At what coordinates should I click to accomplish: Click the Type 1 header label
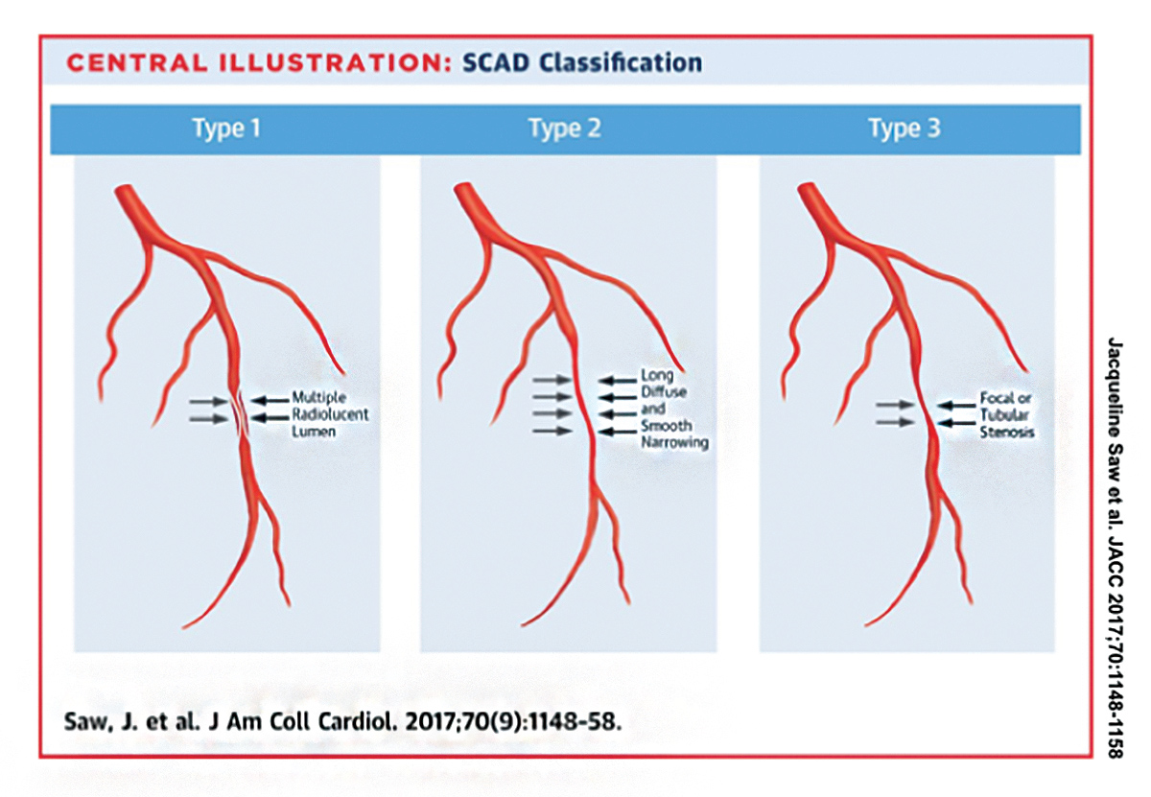click(x=226, y=129)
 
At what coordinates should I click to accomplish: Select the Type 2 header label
click(x=565, y=129)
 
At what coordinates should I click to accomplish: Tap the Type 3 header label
click(x=904, y=129)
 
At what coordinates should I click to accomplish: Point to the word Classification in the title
click(x=620, y=64)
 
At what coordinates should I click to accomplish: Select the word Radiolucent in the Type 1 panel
click(x=330, y=414)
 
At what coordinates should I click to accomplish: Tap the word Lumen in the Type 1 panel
click(x=314, y=433)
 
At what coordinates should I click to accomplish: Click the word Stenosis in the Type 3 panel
click(x=1006, y=433)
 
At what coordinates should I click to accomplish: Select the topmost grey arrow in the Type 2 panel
click(x=552, y=381)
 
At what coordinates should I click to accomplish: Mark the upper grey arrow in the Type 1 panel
click(x=207, y=400)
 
